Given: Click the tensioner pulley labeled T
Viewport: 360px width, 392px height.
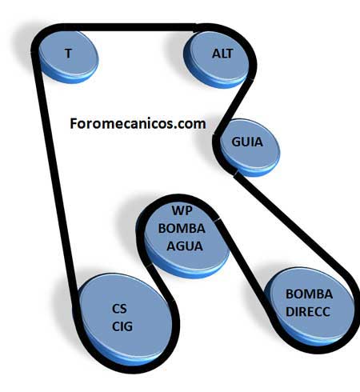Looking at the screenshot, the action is [x=69, y=57].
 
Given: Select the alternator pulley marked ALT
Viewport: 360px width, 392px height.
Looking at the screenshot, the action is [x=217, y=59].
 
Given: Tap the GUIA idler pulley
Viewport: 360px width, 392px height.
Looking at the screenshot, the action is [x=250, y=146].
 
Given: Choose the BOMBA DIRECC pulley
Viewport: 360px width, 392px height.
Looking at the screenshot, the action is [x=310, y=306].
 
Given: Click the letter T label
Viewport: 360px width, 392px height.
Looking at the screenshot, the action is [x=69, y=54].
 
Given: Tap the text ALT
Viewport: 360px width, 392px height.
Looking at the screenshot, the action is [x=222, y=54].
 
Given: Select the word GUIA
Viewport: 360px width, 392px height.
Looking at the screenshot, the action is [x=247, y=142].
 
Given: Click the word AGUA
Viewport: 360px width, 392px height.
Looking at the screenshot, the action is [x=185, y=246].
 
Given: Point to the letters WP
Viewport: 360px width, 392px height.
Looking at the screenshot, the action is [x=182, y=210].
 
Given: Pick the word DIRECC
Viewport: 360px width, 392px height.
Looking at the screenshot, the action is [x=308, y=312].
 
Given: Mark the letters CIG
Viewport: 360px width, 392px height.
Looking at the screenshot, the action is [x=122, y=326].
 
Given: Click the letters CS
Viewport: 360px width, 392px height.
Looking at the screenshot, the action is [x=119, y=309].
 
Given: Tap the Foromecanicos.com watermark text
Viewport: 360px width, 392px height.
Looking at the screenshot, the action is [x=138, y=124].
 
